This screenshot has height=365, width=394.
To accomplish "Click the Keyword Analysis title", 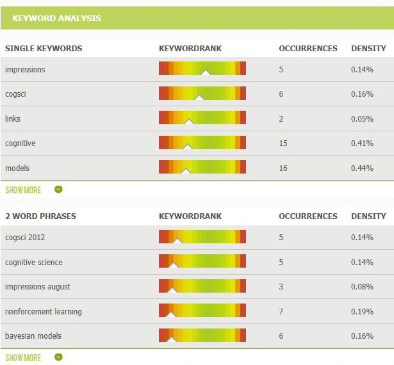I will (56, 18).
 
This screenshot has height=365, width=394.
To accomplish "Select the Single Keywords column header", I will (44, 48).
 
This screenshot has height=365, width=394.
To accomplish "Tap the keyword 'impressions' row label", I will (25, 69).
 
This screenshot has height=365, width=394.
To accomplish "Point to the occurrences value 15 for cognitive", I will (283, 143).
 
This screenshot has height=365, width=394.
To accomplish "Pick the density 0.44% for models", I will (362, 168).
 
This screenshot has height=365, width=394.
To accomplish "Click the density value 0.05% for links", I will (362, 119).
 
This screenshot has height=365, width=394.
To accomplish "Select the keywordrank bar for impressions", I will (202, 69).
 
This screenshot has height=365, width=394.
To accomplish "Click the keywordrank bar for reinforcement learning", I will (202, 311).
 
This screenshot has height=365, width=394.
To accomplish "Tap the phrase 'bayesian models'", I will (33, 336).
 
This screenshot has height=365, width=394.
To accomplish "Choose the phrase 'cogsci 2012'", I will (25, 238).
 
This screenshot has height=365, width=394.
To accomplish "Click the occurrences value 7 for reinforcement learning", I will (281, 312).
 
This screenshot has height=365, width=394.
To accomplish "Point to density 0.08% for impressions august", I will (362, 287).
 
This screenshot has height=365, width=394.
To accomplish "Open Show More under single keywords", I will (23, 190).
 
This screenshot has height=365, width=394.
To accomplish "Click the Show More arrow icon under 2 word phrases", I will (58, 357).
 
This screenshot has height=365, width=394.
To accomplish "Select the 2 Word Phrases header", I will (40, 216).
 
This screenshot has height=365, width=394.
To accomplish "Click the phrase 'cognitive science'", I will (34, 263).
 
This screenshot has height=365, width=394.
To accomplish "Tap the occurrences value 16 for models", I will (283, 168).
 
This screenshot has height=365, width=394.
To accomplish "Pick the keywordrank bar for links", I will (202, 118).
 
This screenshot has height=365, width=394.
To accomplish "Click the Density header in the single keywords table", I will (368, 48).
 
